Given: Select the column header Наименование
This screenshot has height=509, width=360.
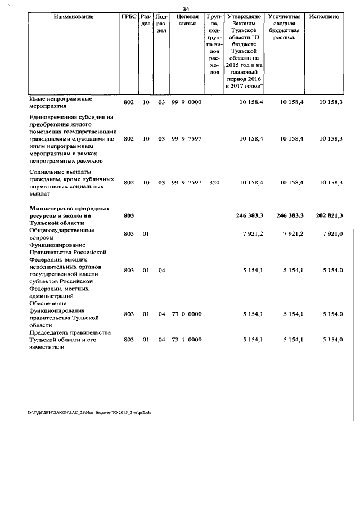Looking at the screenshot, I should point(73,17).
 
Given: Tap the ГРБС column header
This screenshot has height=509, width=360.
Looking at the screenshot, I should point(128,17).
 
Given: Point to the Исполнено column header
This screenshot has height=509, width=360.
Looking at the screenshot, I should point(324,17).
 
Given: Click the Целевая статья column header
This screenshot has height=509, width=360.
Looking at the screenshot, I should point(186,20).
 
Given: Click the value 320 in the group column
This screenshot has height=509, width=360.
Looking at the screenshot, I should point(214,183).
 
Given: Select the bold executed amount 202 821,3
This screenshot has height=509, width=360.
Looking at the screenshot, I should point(323,215).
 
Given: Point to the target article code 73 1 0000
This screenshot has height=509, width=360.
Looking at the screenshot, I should point(186,340).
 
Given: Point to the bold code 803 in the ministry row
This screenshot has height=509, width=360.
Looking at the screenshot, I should point(128,215).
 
